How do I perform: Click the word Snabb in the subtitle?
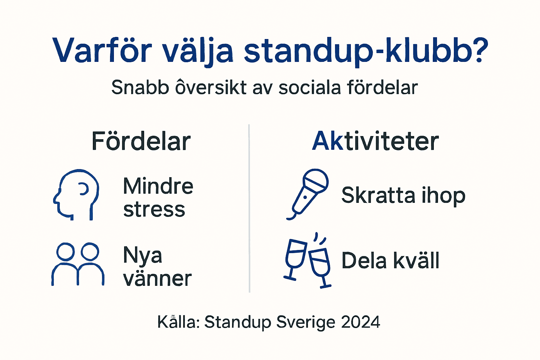pyautogui.click(x=140, y=87)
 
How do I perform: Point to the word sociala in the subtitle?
pyautogui.click(x=309, y=87)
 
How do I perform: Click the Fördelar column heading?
pyautogui.click(x=141, y=141)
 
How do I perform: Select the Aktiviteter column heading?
pyautogui.click(x=375, y=141)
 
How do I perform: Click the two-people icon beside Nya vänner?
pyautogui.click(x=78, y=264)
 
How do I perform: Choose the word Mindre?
pyautogui.click(x=158, y=186)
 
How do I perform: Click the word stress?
pyautogui.click(x=154, y=210)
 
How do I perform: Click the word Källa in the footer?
pyautogui.click(x=178, y=322)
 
